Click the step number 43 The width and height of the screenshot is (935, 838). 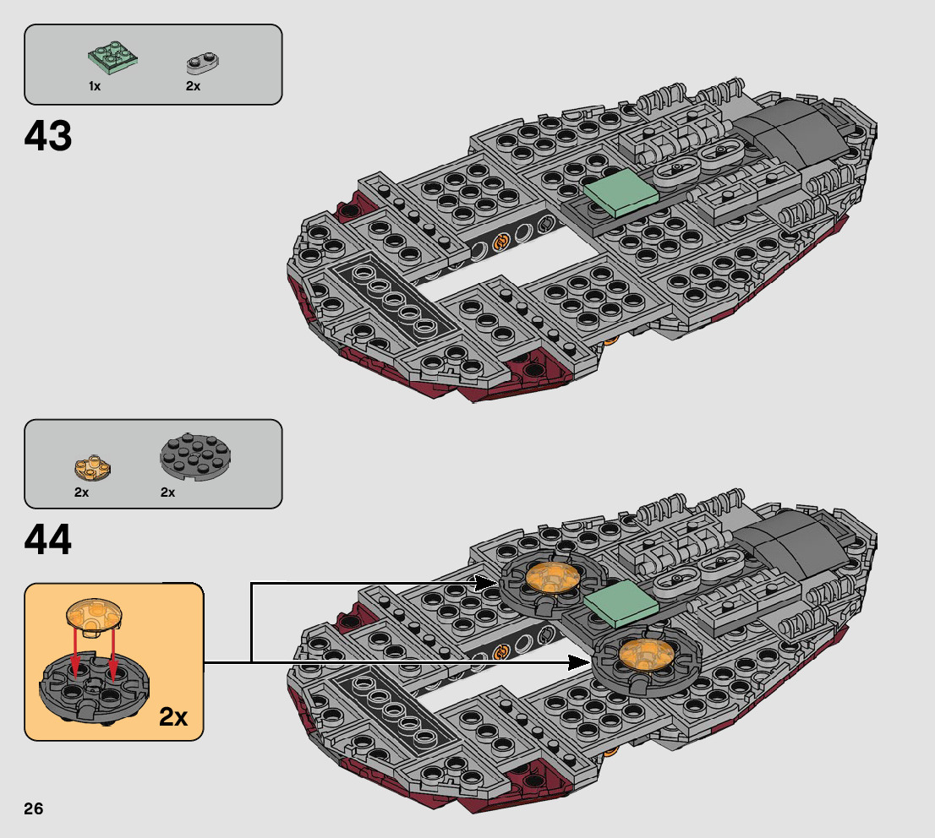coord(48,136)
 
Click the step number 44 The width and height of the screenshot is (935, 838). coord(48,540)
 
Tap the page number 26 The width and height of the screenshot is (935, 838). coord(34,808)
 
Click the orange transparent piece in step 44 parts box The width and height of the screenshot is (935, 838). coord(93,466)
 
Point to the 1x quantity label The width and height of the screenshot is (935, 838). coord(94,86)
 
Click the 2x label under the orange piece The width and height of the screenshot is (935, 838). coord(81,492)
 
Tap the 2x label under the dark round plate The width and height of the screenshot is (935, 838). coord(167,492)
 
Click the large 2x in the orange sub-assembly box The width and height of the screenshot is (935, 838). coord(172,716)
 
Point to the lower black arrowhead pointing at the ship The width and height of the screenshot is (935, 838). coord(580,661)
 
